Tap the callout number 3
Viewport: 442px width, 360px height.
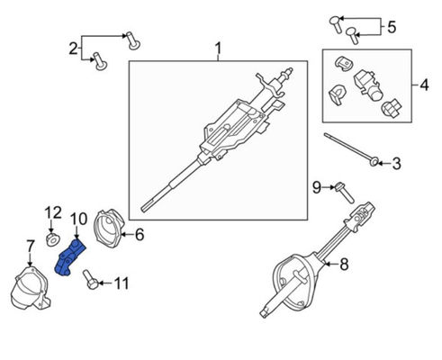pyautogui.click(x=397, y=163)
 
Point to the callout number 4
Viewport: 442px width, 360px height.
pyautogui.click(x=425, y=87)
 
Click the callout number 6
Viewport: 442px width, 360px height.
pyautogui.click(x=140, y=236)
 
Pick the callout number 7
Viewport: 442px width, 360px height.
pyautogui.click(x=30, y=245)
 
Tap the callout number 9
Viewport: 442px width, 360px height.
pyautogui.click(x=317, y=187)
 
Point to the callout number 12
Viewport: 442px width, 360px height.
pyautogui.click(x=50, y=213)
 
